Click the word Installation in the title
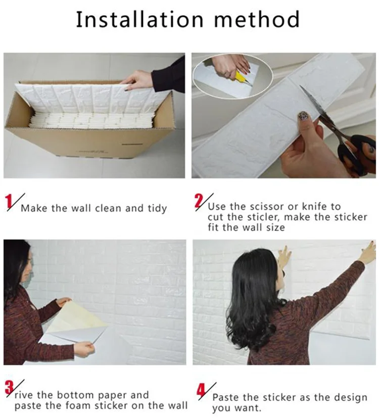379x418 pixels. coord(139,20)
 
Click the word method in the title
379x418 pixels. coord(257,20)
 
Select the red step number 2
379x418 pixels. coord(199,201)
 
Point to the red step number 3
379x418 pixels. coord(9,388)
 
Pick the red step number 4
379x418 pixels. coord(201,390)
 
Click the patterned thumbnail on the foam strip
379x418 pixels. coord(303,116)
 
